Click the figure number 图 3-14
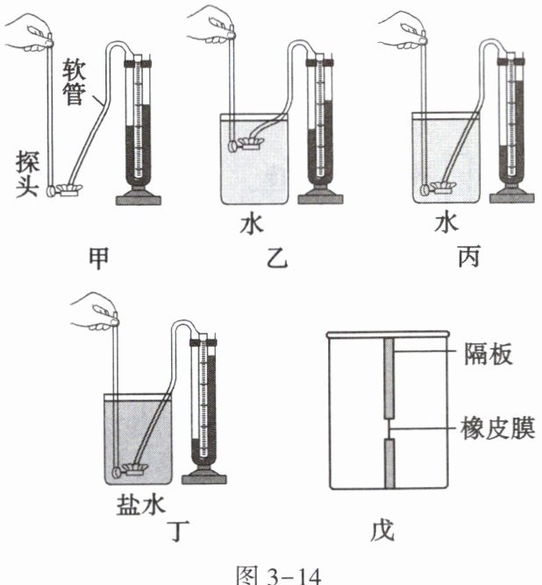pyautogui.click(x=270, y=572)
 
